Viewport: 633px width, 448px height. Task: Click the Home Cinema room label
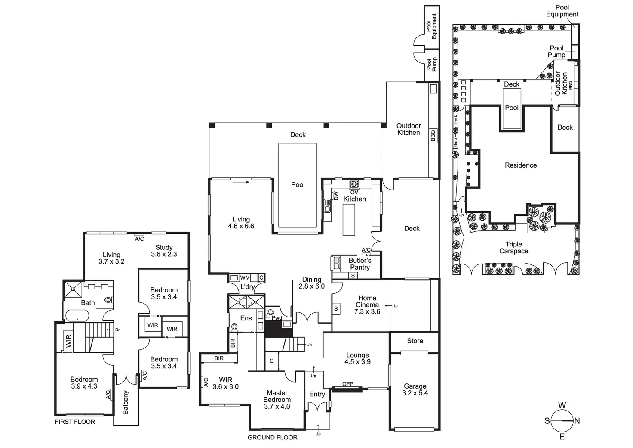point(367,305)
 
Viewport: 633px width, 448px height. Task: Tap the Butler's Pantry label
point(360,264)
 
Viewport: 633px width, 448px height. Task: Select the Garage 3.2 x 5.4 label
point(415,389)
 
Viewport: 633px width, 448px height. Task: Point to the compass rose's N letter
point(577,421)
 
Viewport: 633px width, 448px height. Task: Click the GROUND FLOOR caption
point(272,437)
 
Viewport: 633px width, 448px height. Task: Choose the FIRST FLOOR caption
point(75,422)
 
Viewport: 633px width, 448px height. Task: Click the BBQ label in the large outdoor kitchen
point(433,136)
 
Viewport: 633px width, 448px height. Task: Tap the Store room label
point(415,341)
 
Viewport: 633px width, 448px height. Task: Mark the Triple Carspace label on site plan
point(513,248)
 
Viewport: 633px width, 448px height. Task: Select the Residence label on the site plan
point(520,165)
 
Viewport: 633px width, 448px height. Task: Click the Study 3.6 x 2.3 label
point(164,251)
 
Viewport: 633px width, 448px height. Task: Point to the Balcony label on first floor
point(126,402)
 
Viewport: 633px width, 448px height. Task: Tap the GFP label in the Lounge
point(347,384)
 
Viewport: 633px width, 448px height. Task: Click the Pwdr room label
point(277,318)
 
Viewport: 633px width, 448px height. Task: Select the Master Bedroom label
point(277,399)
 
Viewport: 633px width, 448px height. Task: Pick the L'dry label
point(247,286)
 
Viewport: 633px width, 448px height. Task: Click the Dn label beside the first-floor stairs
point(118,330)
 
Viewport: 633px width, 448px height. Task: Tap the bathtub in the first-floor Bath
point(77,316)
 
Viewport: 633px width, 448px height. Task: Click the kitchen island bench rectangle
point(349,220)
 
